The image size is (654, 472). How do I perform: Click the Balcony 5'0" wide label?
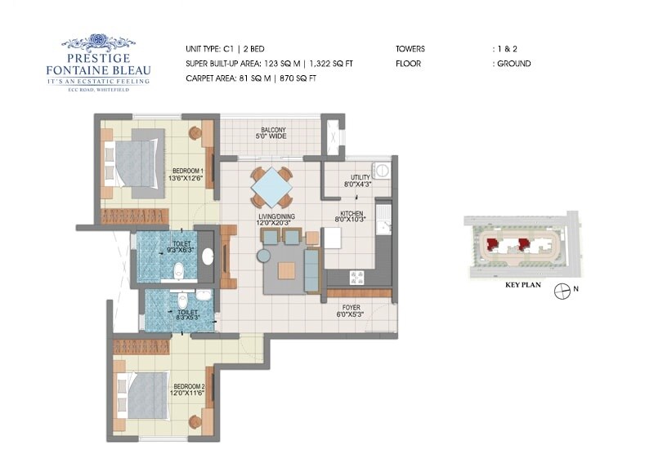(x=273, y=134)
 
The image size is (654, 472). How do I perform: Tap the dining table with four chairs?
(x=271, y=188)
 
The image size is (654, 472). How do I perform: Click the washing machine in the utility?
(x=382, y=171)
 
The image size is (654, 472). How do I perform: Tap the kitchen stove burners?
(x=357, y=278)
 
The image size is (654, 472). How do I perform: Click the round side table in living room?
(x=263, y=256)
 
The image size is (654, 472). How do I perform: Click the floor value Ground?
(x=513, y=64)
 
